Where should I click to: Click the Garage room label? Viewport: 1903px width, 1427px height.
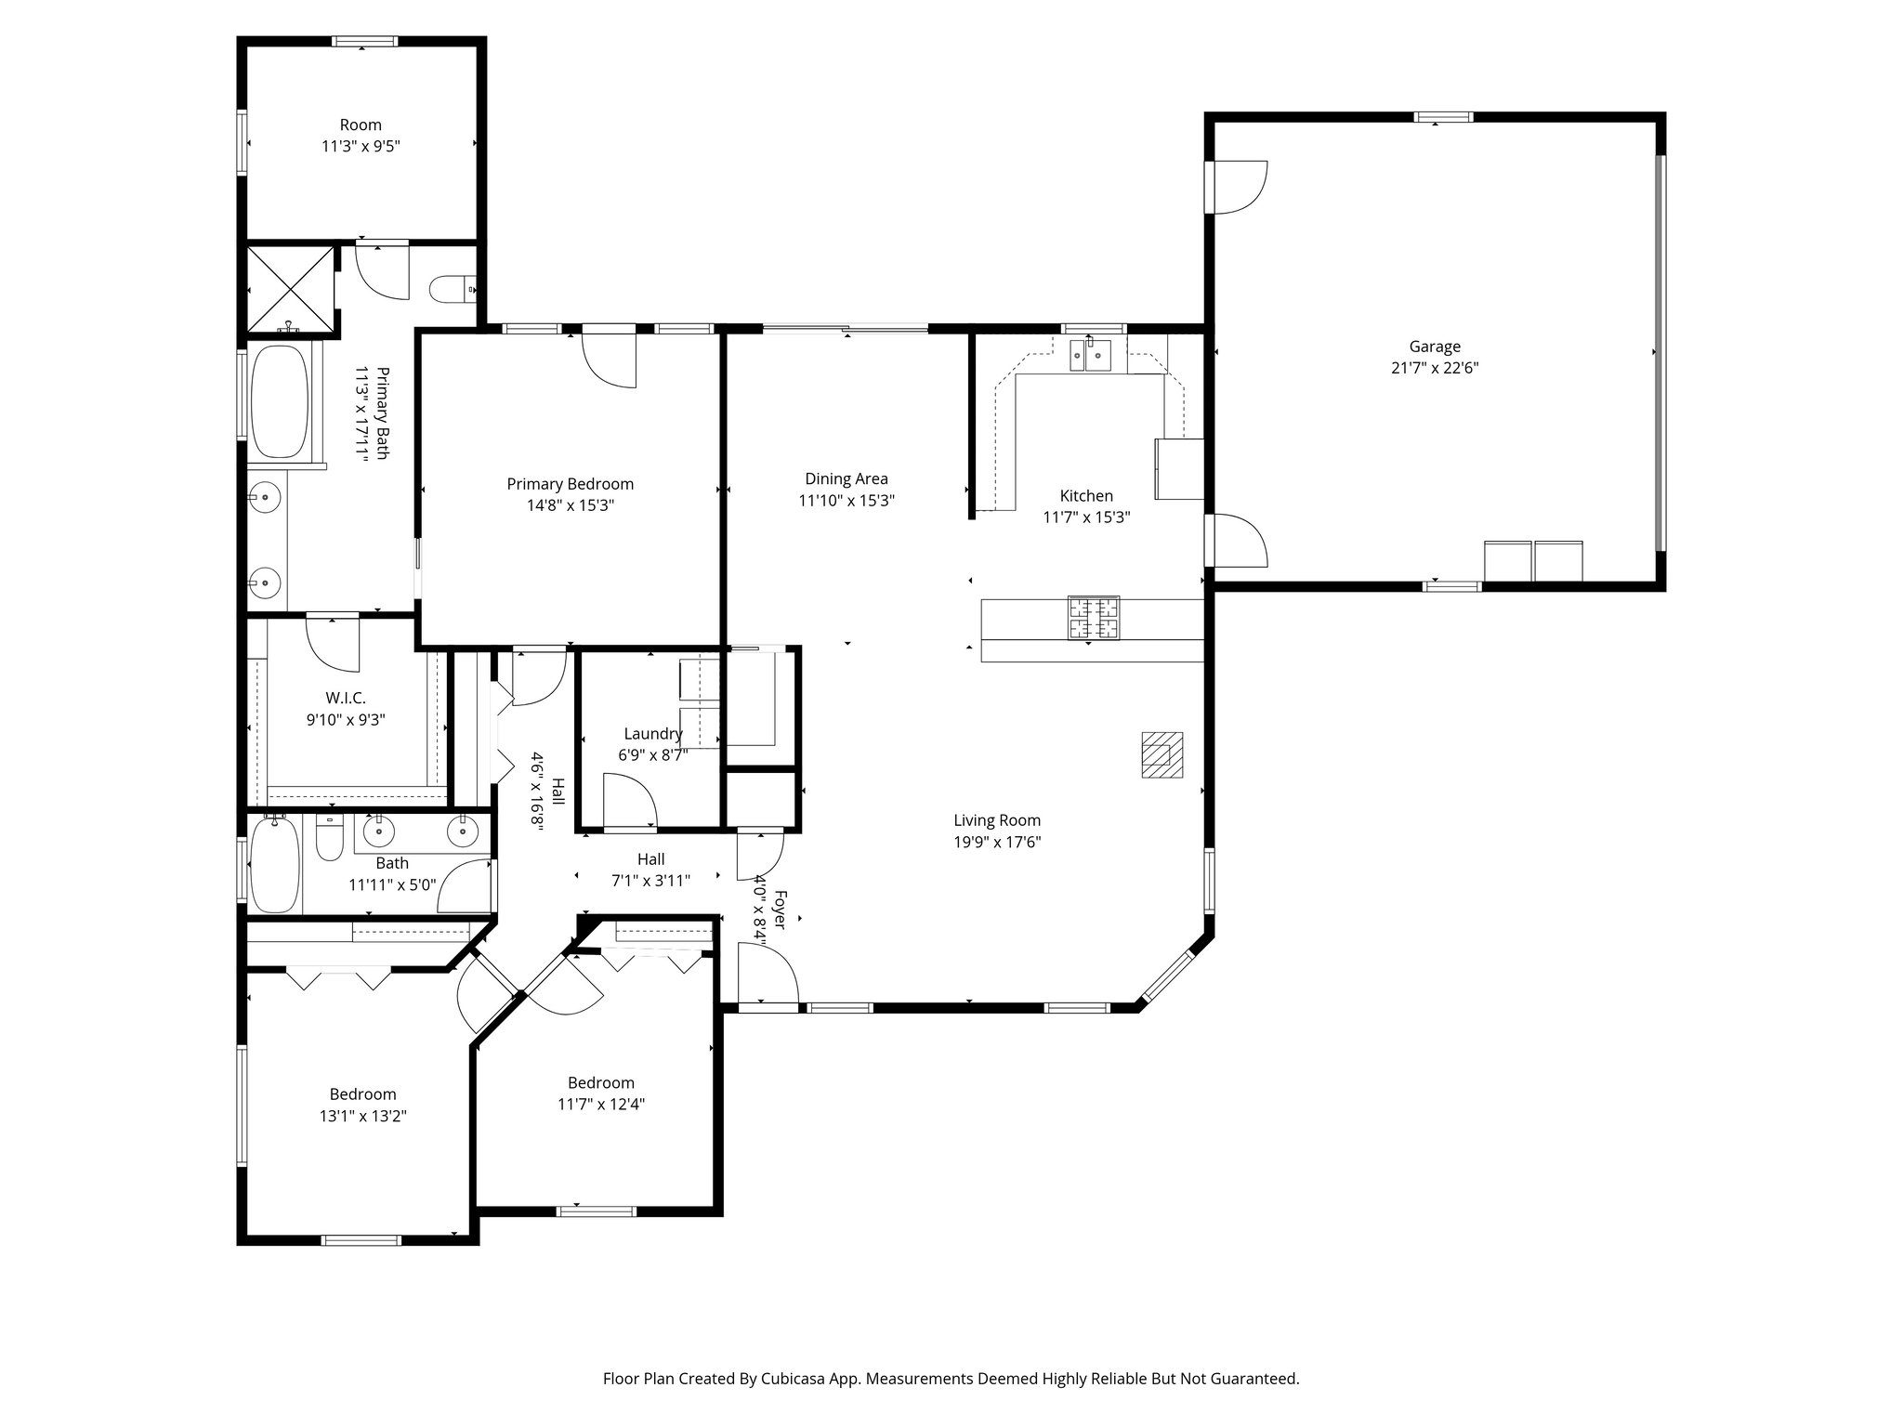click(x=1434, y=347)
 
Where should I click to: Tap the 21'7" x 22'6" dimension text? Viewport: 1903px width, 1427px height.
click(x=1434, y=368)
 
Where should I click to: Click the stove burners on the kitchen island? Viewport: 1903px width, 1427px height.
click(x=1094, y=619)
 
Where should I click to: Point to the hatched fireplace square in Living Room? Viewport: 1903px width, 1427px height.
click(x=1161, y=753)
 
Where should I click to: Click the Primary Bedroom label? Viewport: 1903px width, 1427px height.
click(x=570, y=484)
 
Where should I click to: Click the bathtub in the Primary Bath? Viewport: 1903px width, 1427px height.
click(x=280, y=401)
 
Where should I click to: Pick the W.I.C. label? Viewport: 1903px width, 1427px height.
click(x=345, y=697)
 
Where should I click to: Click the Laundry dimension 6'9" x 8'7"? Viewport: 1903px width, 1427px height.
click(x=652, y=755)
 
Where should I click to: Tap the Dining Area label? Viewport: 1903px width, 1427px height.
click(x=846, y=479)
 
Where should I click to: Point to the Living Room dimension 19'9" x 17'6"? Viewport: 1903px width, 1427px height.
click(x=996, y=843)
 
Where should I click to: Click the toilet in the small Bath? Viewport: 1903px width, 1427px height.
click(x=330, y=837)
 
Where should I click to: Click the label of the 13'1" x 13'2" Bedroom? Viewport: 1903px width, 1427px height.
click(x=362, y=1094)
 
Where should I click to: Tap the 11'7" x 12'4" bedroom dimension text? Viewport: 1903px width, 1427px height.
click(x=600, y=1105)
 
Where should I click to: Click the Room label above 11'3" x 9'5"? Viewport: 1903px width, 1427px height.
click(x=361, y=124)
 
